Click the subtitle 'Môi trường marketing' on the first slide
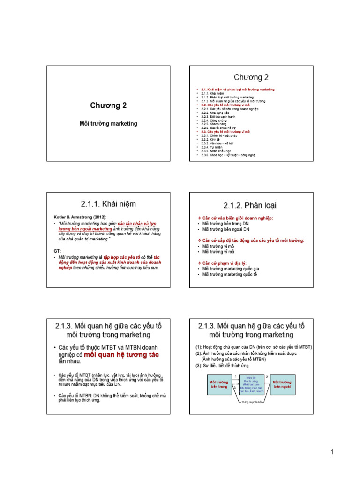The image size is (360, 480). point(108,124)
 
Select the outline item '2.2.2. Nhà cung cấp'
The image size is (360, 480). point(213,112)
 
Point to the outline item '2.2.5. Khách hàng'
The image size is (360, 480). point(212,124)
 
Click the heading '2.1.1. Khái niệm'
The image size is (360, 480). point(108,204)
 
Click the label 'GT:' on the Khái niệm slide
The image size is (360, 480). point(57,251)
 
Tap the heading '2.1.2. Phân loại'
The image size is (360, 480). point(250,205)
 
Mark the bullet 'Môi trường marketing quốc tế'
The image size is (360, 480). point(230,274)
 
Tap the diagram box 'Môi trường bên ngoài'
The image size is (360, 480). point(283,384)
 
